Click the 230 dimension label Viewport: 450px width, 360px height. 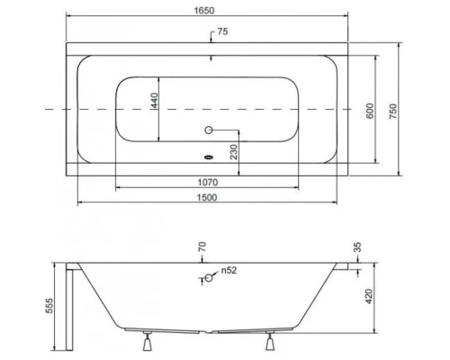click(234, 155)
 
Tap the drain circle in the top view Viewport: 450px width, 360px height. click(211, 130)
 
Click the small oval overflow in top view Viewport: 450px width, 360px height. click(209, 154)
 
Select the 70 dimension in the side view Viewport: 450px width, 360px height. click(202, 247)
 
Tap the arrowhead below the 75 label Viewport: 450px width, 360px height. click(211, 57)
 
